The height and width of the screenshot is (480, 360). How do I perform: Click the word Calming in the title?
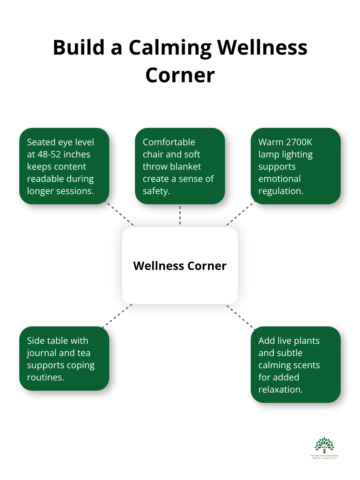coord(170,48)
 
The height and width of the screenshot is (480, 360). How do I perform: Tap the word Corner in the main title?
coord(180,75)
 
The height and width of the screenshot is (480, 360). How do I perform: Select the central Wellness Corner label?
coord(180,266)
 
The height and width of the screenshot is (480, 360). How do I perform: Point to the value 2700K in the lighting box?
coord(299,142)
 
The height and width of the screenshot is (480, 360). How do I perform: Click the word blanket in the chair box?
coord(186,167)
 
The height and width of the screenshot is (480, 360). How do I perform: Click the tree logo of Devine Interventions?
coord(324,445)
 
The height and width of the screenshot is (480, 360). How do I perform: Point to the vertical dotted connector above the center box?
coord(180,215)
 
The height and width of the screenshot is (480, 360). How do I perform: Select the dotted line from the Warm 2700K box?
coord(239,214)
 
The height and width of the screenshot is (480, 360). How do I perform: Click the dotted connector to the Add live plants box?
coord(240,316)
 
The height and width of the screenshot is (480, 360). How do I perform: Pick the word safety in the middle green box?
coord(156,191)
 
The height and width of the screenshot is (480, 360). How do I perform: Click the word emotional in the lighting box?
coord(279,179)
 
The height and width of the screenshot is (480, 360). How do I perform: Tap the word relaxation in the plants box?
coord(280,390)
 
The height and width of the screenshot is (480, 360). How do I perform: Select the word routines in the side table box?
coord(45,378)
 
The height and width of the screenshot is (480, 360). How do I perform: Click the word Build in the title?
coord(79,48)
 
